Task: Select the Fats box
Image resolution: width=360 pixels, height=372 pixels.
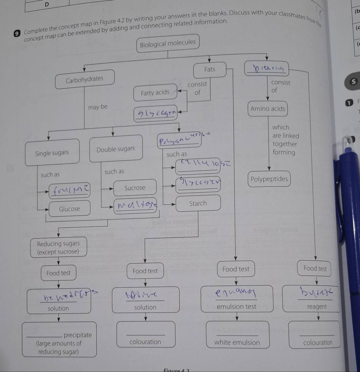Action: (210, 70)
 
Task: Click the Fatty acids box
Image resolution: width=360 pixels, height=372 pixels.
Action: (155, 92)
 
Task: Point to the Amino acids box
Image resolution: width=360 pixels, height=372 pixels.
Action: (268, 109)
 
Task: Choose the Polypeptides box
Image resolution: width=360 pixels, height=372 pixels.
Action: (269, 179)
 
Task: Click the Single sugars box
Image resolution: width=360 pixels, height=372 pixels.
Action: (52, 153)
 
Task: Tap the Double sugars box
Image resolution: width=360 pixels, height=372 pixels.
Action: (116, 149)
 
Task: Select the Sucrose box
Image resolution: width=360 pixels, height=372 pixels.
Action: (135, 188)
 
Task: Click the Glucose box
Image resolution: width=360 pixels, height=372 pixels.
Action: (70, 209)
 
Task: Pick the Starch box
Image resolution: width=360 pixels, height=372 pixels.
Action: (198, 203)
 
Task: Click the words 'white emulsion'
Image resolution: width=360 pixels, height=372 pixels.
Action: (237, 342)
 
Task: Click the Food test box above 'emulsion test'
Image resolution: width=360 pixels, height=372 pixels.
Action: (236, 269)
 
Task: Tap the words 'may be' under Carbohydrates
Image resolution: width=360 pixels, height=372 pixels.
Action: (97, 107)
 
